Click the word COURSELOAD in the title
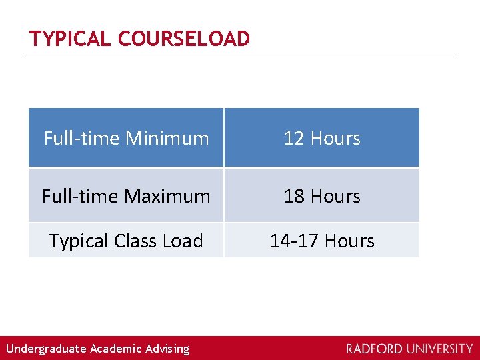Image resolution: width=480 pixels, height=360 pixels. [184, 39]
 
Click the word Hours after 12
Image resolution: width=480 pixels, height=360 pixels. [335, 138]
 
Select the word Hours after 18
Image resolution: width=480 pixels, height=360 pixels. [335, 196]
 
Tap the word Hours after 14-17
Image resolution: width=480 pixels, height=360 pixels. [350, 241]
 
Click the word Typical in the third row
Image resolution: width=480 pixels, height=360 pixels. [76, 241]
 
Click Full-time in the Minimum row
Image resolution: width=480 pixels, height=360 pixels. [81, 138]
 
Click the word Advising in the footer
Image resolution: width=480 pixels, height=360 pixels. [167, 349]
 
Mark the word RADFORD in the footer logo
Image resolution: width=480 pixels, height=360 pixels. [374, 349]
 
